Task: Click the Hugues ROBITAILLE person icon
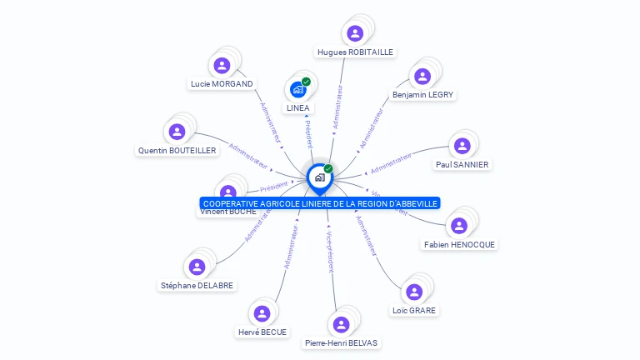(x=355, y=33)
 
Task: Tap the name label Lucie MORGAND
(x=222, y=83)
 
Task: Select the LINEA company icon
(x=297, y=89)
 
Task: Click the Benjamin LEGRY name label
(x=422, y=95)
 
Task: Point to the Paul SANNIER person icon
(x=462, y=146)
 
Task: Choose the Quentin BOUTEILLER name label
(x=177, y=151)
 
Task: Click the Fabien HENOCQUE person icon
(x=458, y=226)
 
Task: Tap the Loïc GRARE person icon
(x=414, y=292)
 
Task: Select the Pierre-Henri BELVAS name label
(x=342, y=342)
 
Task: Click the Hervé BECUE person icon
(x=262, y=313)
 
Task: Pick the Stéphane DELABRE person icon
(x=197, y=267)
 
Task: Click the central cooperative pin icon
(x=319, y=177)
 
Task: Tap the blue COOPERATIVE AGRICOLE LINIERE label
(x=320, y=203)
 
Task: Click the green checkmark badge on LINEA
(x=306, y=82)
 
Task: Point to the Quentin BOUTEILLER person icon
(x=177, y=132)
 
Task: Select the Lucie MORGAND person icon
(x=222, y=65)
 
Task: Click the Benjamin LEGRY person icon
(x=422, y=77)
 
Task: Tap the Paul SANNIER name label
(x=462, y=165)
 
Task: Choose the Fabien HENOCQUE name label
(x=459, y=245)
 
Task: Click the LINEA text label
(x=297, y=108)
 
